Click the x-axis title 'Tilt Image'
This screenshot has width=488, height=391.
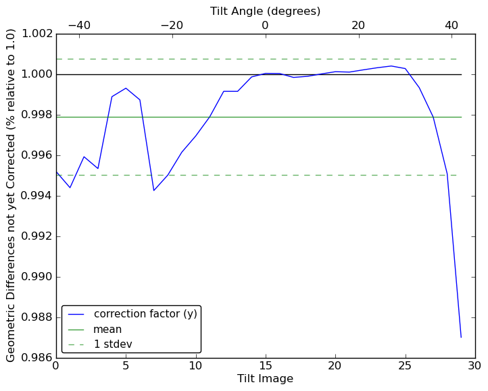point(265,379)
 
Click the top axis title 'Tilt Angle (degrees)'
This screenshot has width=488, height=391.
point(265,11)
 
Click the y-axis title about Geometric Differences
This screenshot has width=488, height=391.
point(11,196)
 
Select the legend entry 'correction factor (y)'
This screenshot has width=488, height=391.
point(145,314)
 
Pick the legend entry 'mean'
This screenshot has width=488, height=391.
point(107,330)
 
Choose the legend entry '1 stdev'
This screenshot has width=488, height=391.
point(112,344)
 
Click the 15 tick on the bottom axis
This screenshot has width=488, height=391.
point(265,365)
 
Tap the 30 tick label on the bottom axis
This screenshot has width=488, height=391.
point(475,365)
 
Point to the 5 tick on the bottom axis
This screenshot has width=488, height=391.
point(126,365)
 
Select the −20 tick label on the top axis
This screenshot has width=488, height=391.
point(172,26)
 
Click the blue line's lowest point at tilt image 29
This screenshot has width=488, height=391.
point(461,337)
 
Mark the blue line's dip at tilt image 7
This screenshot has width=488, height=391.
point(154,190)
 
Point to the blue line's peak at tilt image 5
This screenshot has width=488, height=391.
point(126,88)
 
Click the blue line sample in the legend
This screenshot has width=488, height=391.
point(76,315)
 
